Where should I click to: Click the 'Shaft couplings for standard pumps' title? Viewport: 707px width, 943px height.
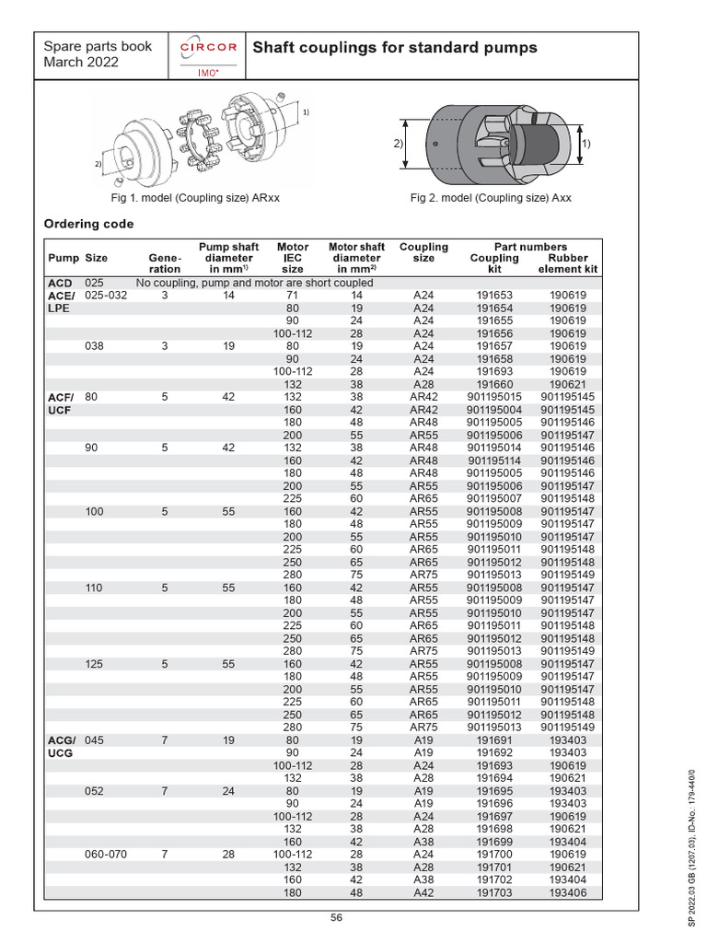[394, 48]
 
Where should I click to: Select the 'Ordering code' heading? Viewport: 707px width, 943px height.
[88, 224]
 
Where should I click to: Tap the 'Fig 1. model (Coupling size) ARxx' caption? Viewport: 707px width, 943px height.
[202, 198]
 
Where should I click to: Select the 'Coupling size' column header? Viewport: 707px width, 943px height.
[423, 252]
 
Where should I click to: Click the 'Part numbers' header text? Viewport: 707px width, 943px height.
[530, 247]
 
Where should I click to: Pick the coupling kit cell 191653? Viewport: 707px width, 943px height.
[494, 296]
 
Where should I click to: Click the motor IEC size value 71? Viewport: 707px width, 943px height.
[293, 296]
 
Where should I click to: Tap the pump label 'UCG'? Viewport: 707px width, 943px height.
[60, 752]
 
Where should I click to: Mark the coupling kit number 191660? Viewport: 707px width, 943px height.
[494, 384]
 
